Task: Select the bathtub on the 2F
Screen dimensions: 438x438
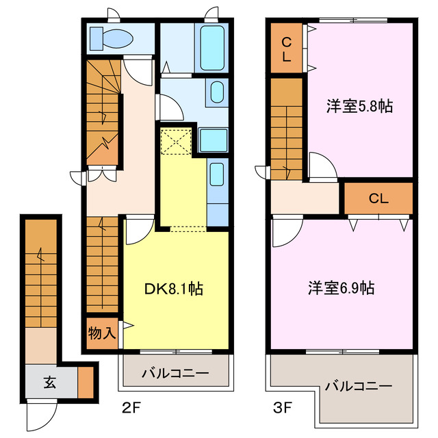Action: point(212,47)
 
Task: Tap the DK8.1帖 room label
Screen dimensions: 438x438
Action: point(173,289)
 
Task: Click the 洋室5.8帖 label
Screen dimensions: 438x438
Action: point(359,106)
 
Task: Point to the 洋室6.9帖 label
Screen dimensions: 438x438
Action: point(340,288)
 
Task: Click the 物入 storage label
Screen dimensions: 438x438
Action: point(101,333)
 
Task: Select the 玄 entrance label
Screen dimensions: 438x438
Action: point(51,383)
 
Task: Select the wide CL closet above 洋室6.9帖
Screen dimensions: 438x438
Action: point(378,199)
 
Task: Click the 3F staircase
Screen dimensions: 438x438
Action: point(286,127)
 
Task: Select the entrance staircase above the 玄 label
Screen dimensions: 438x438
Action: point(40,274)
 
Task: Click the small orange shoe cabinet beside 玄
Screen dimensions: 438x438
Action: point(86,383)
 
